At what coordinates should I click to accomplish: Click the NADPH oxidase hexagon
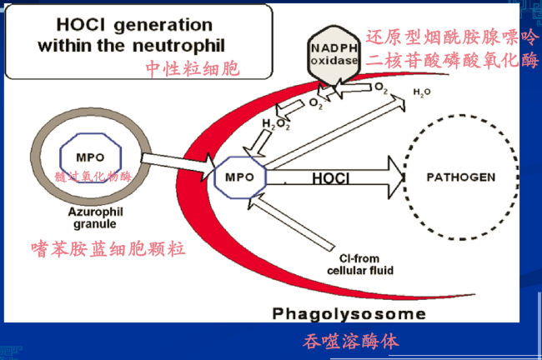click(334, 55)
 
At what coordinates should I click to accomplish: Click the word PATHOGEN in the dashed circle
click(461, 177)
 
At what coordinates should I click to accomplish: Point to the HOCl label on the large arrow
click(330, 178)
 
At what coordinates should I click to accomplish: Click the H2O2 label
click(276, 124)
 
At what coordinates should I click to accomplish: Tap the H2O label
click(422, 92)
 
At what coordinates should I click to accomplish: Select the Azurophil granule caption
click(95, 218)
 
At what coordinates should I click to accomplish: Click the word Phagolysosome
click(349, 314)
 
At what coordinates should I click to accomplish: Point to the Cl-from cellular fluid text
click(360, 265)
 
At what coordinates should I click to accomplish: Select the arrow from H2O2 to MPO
click(258, 143)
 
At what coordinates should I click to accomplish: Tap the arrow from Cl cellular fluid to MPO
click(291, 222)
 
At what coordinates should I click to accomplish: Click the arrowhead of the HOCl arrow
click(396, 177)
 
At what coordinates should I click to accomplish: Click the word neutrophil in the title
click(178, 47)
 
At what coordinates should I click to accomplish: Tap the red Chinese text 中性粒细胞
click(192, 68)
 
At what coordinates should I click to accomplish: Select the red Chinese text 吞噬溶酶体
click(351, 342)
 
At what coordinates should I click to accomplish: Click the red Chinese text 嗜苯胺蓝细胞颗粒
click(108, 249)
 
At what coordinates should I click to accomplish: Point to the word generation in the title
click(163, 26)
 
